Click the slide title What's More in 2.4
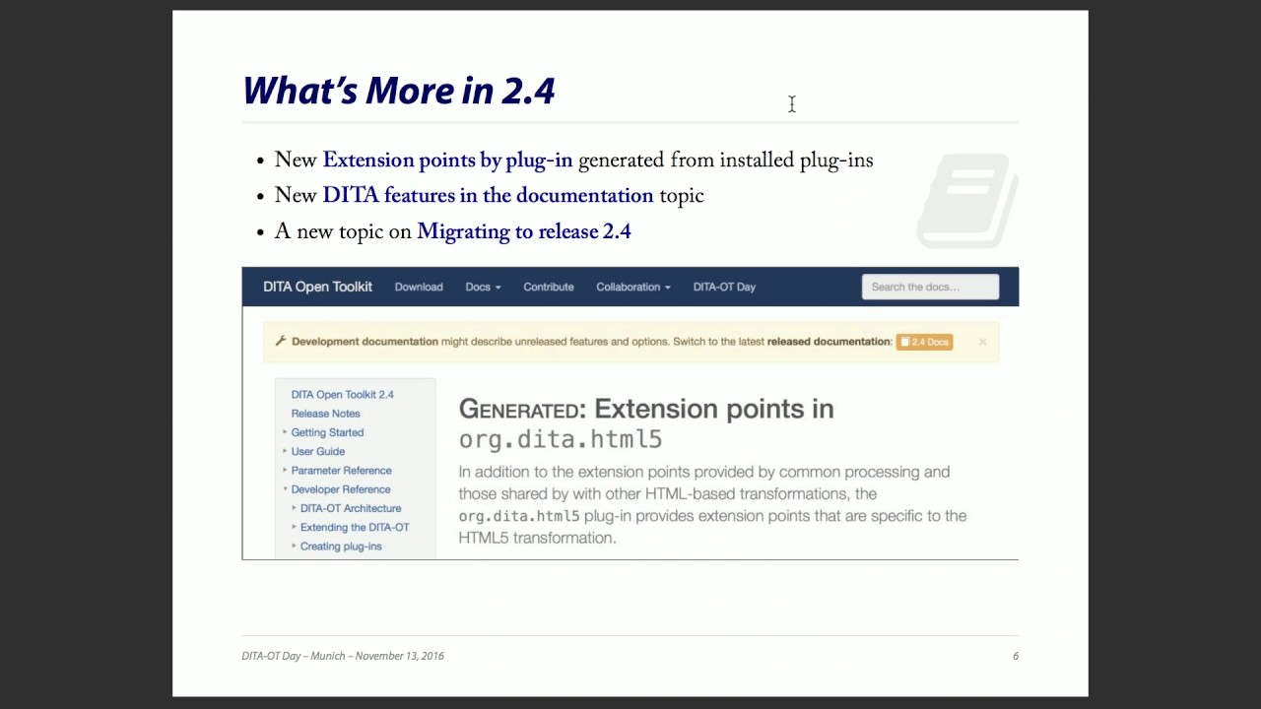pos(399,91)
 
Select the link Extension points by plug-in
pos(447,161)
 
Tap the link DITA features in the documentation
pos(488,196)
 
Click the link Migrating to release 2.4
pos(523,232)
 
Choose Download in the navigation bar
pos(419,287)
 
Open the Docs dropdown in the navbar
pos(483,287)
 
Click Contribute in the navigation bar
pos(549,287)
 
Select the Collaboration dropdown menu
pos(632,287)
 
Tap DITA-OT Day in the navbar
pos(724,287)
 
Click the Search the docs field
pos(930,287)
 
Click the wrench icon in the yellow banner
pos(281,341)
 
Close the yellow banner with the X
pos(982,342)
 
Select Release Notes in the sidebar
pos(325,414)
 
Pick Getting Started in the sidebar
pos(327,432)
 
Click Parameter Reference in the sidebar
pos(341,471)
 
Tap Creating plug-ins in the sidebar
pos(341,547)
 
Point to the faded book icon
pos(966,200)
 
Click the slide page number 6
pos(1015,656)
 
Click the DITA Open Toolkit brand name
pos(317,287)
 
